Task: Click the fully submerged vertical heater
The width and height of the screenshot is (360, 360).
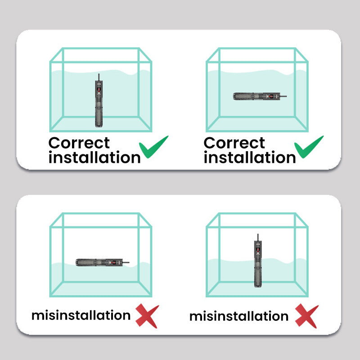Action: click(x=99, y=100)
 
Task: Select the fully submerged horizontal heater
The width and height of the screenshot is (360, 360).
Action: click(x=260, y=96)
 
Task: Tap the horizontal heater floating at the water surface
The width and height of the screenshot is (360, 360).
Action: click(x=103, y=262)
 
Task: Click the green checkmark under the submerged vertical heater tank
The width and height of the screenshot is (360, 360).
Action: click(x=153, y=147)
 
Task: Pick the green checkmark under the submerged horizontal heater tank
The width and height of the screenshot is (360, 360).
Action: click(x=309, y=147)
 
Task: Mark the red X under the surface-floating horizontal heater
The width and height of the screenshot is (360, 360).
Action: click(x=147, y=316)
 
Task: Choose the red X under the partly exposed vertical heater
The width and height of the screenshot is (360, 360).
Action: click(x=307, y=316)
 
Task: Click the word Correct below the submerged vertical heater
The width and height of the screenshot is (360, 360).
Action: click(x=79, y=143)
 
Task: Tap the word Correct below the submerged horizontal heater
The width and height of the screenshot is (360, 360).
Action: click(x=234, y=143)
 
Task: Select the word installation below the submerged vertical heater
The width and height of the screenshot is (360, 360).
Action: click(x=94, y=157)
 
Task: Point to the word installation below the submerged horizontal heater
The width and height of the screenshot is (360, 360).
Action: click(x=250, y=157)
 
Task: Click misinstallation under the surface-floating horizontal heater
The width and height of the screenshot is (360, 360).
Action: click(x=81, y=315)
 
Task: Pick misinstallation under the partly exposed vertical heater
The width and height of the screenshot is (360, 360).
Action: click(x=239, y=316)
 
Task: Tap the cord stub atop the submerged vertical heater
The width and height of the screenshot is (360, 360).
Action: click(x=99, y=77)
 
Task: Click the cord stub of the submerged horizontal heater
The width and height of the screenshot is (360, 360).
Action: click(x=283, y=96)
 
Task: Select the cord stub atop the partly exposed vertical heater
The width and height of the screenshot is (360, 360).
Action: click(x=258, y=237)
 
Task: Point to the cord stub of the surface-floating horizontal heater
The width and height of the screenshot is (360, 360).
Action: click(x=126, y=262)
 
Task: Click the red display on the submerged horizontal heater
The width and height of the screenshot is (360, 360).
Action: click(x=271, y=96)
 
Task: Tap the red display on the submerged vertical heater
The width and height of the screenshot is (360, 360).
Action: click(x=99, y=90)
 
